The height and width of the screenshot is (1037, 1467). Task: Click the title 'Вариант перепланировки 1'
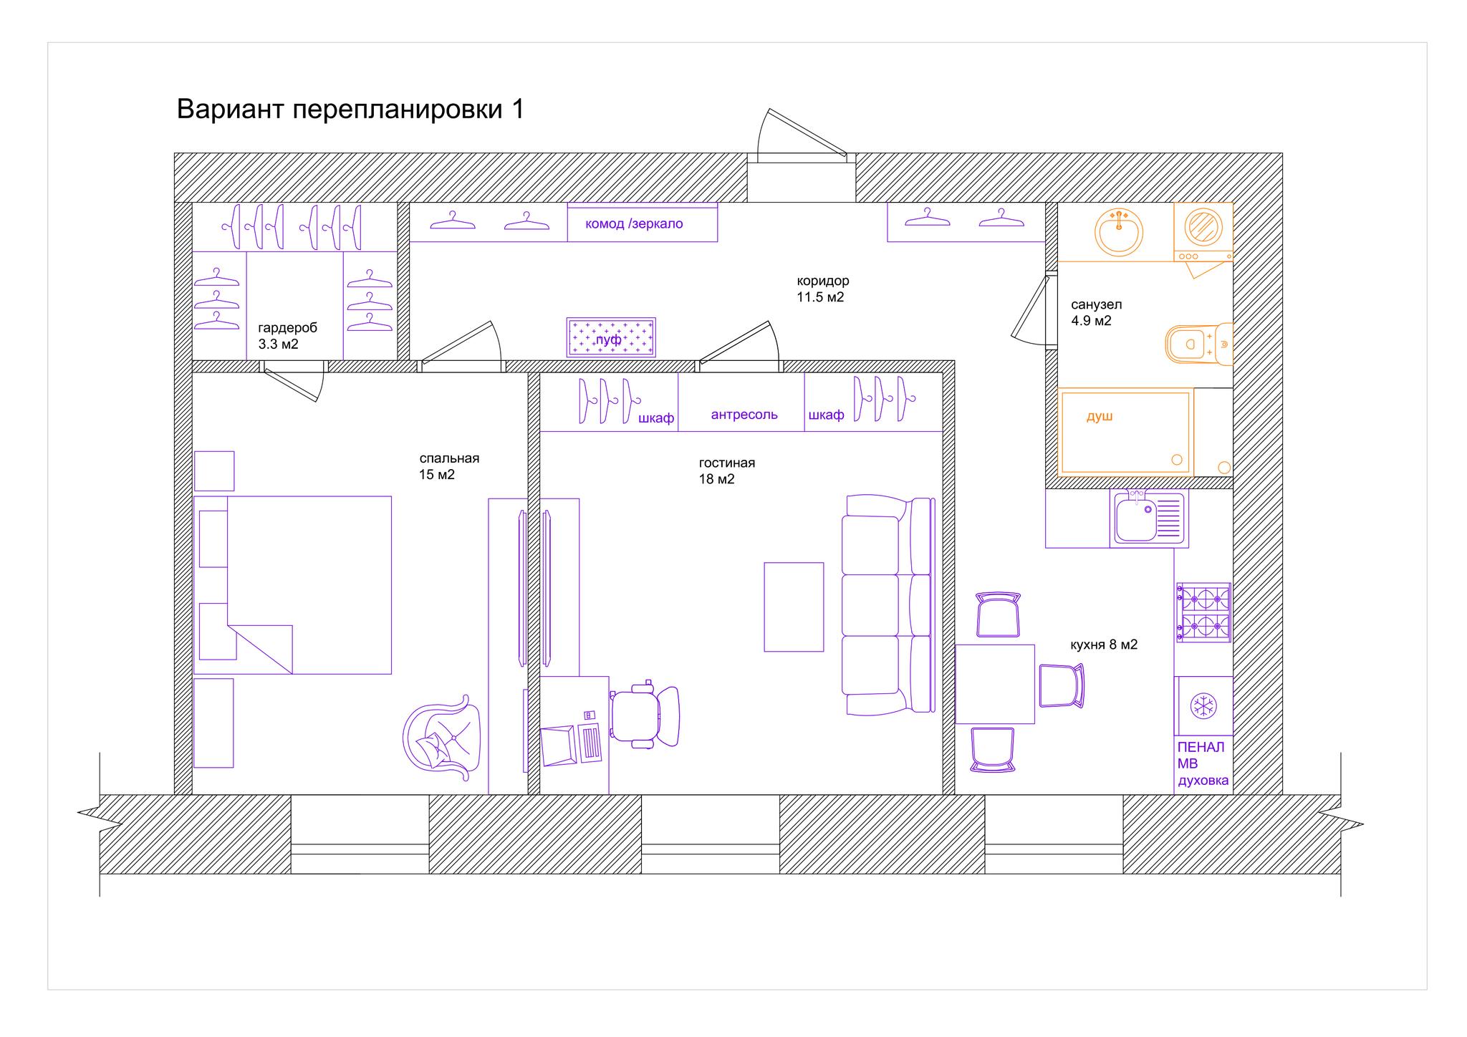click(x=350, y=110)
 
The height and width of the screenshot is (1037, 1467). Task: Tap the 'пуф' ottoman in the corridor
click(x=611, y=337)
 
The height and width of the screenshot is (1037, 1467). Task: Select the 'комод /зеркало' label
click(x=634, y=223)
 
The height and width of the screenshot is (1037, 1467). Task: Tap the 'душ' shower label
click(x=1100, y=416)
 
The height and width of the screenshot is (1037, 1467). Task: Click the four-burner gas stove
click(x=1203, y=612)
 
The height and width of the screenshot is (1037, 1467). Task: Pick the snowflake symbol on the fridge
click(x=1203, y=706)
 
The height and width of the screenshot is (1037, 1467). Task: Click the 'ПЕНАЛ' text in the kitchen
click(x=1201, y=747)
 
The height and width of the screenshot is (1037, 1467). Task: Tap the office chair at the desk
click(x=643, y=717)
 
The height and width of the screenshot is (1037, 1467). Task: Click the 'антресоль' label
click(x=744, y=415)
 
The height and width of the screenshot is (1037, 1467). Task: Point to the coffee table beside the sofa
click(x=794, y=607)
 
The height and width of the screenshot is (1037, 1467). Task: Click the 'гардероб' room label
click(x=287, y=328)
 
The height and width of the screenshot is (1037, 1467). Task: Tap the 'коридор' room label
click(x=823, y=281)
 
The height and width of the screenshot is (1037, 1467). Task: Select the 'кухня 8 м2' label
click(x=1104, y=645)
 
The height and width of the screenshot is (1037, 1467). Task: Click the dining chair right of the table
click(x=1062, y=685)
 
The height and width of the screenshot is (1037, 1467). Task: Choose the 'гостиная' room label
click(x=727, y=463)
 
